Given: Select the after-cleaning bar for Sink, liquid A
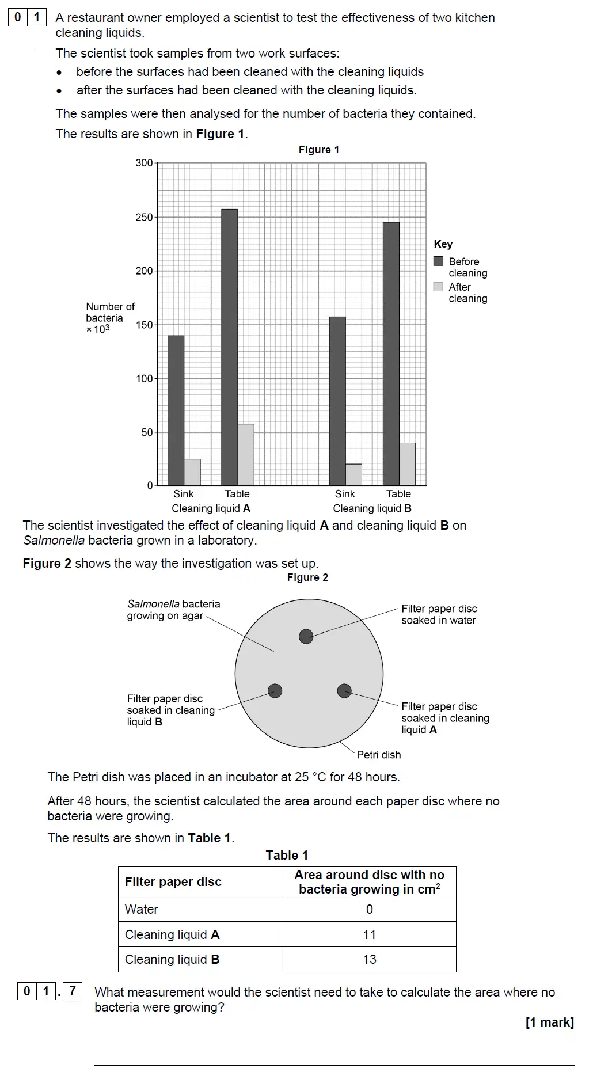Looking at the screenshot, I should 192,472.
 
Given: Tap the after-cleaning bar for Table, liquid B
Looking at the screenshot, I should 408,464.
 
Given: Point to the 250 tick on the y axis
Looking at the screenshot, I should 145,217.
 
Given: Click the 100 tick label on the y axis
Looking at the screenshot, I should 144,379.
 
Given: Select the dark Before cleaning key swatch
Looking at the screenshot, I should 439,261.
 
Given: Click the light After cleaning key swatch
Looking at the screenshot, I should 439,287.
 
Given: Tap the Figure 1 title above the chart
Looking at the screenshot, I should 318,150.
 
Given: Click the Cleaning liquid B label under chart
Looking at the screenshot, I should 372,508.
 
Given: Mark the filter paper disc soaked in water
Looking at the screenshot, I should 306,636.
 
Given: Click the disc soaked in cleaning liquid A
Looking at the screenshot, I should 344,690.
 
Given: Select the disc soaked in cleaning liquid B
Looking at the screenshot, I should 275,691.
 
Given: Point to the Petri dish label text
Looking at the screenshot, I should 378,755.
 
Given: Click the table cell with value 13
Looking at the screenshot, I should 369,959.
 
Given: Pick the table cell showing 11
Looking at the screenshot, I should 369,934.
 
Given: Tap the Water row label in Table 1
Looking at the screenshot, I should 142,909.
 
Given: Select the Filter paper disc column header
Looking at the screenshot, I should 173,882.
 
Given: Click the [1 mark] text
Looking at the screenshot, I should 549,1022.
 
